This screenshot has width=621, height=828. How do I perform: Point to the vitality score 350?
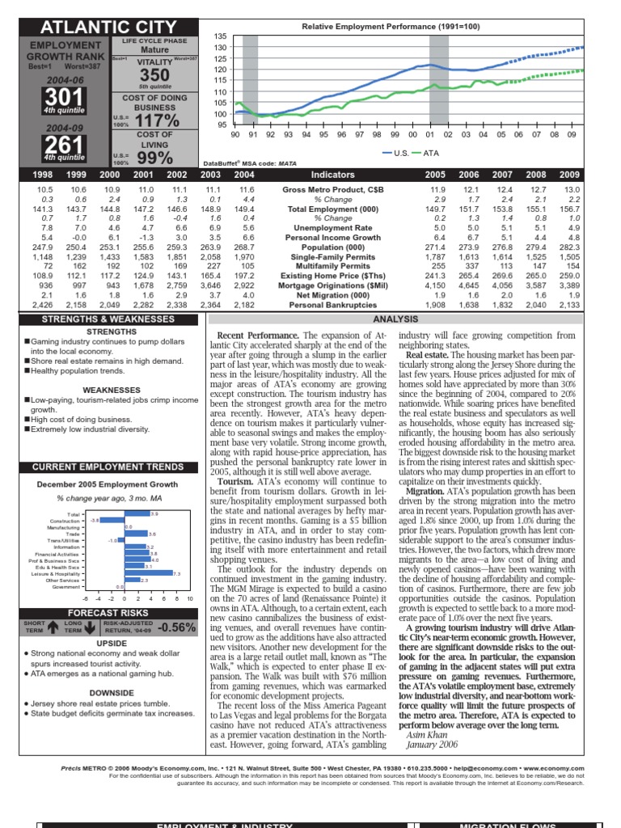click(x=143, y=74)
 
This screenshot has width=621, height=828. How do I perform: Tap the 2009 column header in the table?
click(x=590, y=174)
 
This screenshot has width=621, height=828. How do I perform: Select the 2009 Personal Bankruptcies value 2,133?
click(x=590, y=306)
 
